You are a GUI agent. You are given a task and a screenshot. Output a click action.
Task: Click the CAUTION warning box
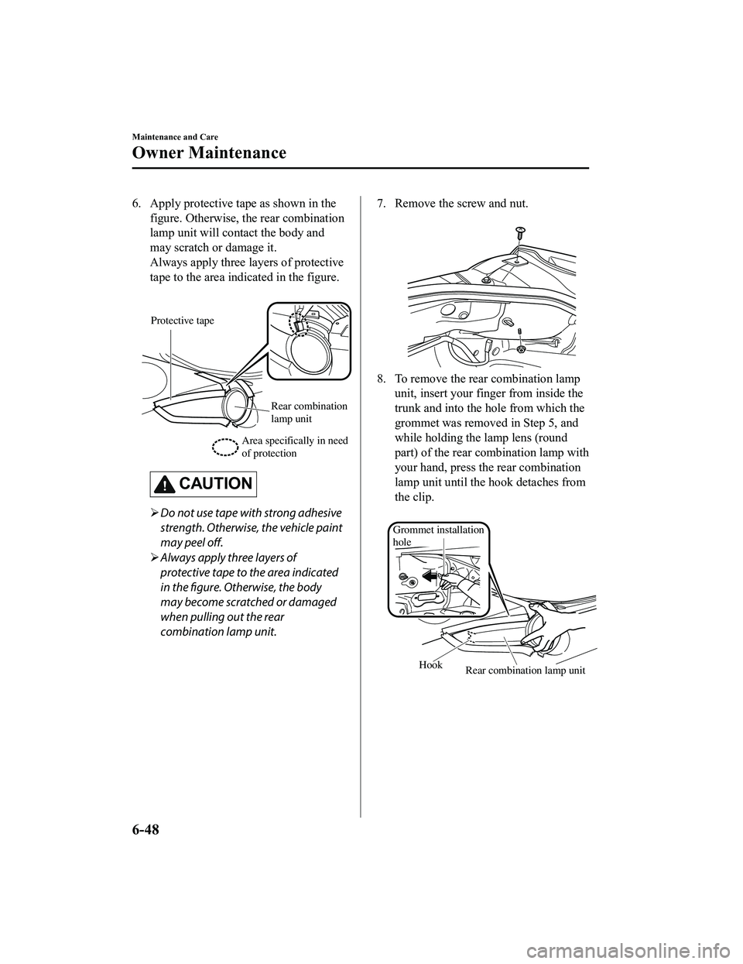click(205, 484)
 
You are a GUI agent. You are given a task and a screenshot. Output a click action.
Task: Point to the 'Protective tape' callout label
click(182, 321)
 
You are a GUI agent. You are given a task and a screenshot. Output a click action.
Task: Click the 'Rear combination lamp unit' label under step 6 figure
click(310, 412)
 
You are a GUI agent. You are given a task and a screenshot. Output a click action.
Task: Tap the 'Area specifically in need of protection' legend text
click(295, 447)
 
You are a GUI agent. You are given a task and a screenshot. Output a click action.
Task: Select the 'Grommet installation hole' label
click(438, 535)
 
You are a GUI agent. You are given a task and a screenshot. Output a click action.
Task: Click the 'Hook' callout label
click(430, 665)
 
